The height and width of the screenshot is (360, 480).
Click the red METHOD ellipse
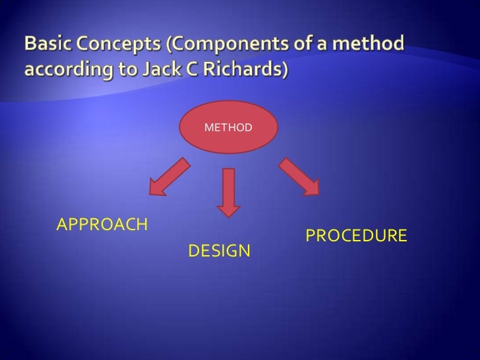(x=228, y=127)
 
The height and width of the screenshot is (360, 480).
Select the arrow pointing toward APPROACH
(x=169, y=177)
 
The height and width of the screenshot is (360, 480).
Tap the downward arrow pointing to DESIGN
(x=229, y=192)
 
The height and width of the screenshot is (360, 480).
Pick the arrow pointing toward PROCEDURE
(x=299, y=176)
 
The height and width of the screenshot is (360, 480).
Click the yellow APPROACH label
(x=102, y=225)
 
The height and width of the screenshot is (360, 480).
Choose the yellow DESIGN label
(x=219, y=251)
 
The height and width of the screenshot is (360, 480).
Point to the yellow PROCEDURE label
(x=355, y=236)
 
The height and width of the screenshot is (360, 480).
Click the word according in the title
(x=61, y=69)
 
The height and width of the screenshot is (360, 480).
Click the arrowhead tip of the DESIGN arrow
(x=229, y=216)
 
